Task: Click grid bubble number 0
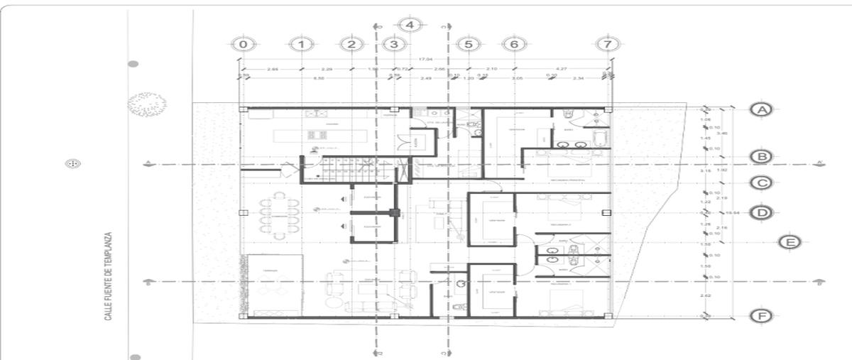pos(244,44)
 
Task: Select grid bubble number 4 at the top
pos(409,24)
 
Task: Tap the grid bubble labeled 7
pos(606,44)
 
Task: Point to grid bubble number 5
pos(468,44)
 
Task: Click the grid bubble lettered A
pos(761,109)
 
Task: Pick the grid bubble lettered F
pos(761,316)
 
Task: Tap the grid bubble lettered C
pos(761,183)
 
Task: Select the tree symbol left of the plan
pos(147,104)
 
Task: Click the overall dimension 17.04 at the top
pos(426,59)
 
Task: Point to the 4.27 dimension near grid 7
pos(561,69)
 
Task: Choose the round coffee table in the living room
pos(369,288)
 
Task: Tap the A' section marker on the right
pos(819,163)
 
